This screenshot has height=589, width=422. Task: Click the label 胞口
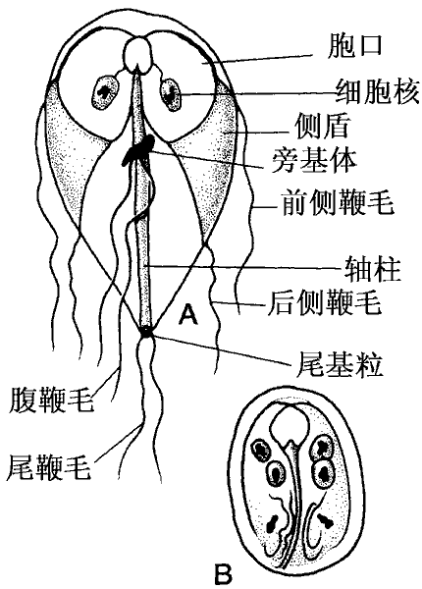point(354,46)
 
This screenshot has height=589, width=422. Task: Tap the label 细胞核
point(377,91)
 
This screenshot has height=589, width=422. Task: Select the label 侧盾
point(322,126)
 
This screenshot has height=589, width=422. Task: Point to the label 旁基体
point(313,160)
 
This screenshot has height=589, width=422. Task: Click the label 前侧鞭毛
point(338,202)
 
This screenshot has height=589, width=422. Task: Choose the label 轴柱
point(373,269)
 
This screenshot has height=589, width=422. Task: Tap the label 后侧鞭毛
point(325,302)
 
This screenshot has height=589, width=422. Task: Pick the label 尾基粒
point(340,363)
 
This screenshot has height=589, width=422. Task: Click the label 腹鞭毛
point(51,400)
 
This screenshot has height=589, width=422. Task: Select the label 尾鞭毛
point(49,466)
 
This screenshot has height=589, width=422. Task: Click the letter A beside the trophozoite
point(187,314)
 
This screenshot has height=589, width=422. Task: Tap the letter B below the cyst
point(223,574)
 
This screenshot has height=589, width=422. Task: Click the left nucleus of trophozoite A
point(105,93)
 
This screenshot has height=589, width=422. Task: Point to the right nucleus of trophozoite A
point(170,93)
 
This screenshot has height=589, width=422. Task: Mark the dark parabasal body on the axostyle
point(137,150)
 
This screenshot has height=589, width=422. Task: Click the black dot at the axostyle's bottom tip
point(145,331)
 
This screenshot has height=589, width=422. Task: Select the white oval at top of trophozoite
point(137,54)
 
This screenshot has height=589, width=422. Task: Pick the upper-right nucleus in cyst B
point(322,447)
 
